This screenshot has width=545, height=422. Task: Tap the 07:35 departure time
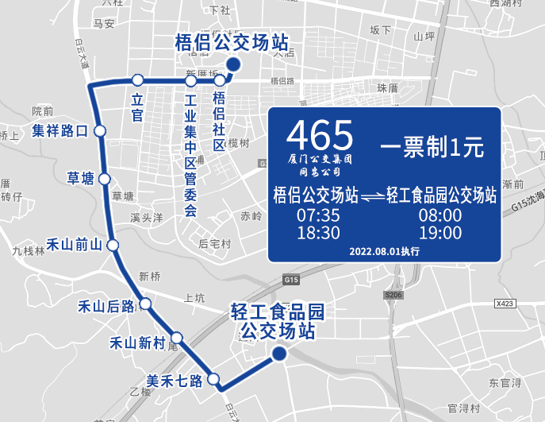pos(318,215)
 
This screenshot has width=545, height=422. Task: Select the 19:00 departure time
pos(440,233)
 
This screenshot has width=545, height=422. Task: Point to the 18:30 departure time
pos(318,233)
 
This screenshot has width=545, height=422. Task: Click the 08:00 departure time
pos(440,215)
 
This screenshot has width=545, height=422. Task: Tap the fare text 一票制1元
pos(432,146)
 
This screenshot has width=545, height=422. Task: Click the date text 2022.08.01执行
pos(384,251)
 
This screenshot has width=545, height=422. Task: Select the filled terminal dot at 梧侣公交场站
pos(232,65)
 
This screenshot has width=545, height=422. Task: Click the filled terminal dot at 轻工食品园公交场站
pos(279,354)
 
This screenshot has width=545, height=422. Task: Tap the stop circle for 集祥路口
pos(100,131)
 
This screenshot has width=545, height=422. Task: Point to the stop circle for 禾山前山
pos(113,245)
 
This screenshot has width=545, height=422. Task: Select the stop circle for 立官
pos(137,79)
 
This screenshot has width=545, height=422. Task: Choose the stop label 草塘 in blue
pos(80,178)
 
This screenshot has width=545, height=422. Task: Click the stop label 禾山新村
pos(137,343)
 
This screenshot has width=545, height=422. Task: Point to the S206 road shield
pos(394,295)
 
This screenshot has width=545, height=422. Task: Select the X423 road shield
pos(505,304)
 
